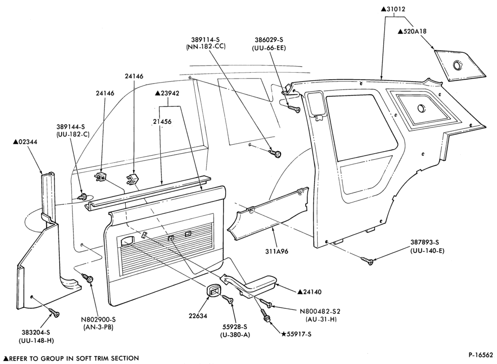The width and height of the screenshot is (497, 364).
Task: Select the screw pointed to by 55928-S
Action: coord(228,299)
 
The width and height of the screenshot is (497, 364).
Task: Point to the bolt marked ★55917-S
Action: coord(265,316)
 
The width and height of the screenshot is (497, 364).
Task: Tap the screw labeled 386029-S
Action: coord(294,109)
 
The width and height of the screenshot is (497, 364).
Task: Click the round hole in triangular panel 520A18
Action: coord(458,65)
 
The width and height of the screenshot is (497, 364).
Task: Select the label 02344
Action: coord(25,142)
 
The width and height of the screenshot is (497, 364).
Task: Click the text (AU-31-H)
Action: coord(321,319)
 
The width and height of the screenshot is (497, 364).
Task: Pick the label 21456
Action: coord(162,121)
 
